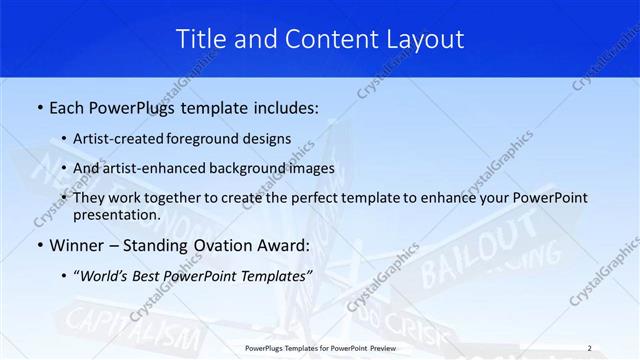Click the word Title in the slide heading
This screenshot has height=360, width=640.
200,39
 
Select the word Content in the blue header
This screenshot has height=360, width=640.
325,39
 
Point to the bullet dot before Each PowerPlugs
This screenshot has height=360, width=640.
39,106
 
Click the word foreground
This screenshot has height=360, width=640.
214,139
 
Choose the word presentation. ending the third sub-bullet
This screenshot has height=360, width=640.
118,215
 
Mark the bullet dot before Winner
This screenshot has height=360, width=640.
39,245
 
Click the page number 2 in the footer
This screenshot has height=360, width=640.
589,348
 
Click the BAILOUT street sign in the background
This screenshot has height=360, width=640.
478,246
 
